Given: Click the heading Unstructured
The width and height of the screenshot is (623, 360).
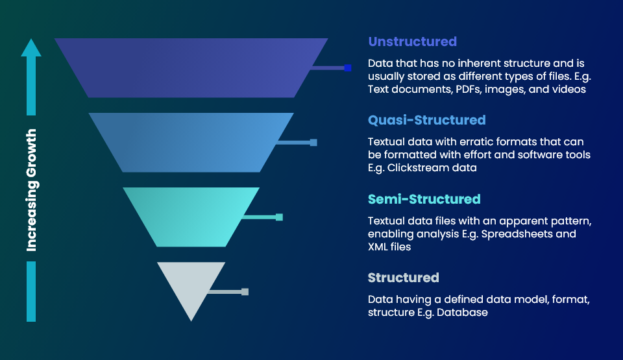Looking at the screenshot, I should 412,42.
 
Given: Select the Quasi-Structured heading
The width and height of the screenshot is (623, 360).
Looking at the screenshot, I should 426,120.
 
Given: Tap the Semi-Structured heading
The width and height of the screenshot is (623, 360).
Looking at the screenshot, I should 424,199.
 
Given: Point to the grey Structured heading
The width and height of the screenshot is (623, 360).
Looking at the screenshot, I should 403,278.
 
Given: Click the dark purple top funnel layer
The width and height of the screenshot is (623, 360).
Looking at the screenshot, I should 191,67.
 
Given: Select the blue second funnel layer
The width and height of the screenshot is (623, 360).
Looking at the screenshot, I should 191,142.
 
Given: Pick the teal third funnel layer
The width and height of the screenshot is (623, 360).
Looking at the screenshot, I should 191,217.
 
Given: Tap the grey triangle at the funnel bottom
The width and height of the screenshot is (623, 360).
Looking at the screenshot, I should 191,285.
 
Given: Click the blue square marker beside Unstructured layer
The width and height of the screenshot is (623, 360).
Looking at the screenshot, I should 348,67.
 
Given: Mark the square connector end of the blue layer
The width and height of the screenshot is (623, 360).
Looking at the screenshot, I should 313,142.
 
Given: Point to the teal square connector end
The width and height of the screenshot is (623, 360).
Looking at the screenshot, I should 279,217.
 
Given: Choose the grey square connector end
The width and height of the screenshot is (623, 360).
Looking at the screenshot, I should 245,292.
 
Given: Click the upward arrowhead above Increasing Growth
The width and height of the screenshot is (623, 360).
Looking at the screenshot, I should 31,47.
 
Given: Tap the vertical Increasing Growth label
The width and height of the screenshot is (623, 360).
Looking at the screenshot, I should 31,190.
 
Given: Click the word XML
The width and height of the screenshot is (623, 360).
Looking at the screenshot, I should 380,247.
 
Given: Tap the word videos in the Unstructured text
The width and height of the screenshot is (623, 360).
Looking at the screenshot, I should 569,90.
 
